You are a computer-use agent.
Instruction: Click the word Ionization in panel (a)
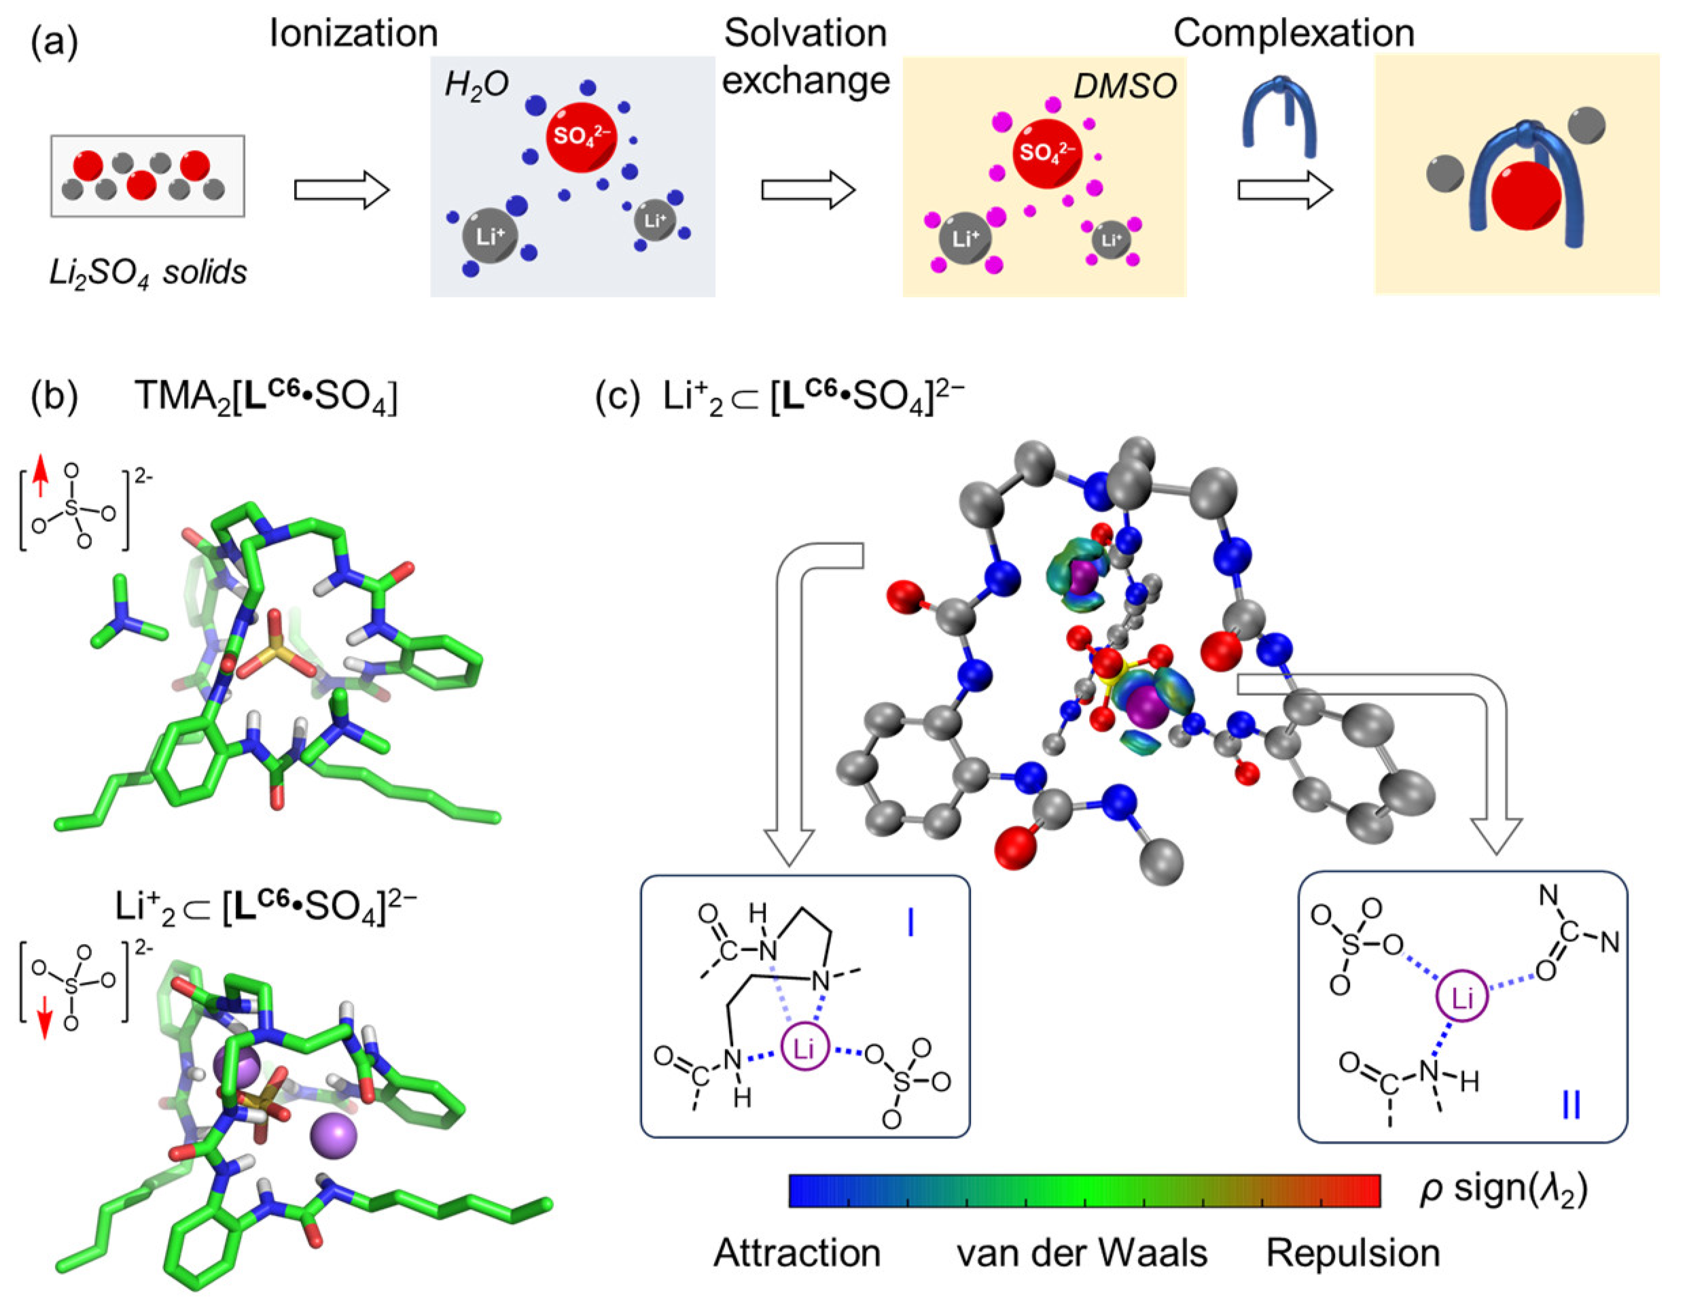point(353,34)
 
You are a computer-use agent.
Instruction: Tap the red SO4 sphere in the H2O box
point(581,137)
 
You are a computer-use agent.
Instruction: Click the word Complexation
point(1293,34)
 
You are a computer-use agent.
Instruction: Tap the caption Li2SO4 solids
point(147,272)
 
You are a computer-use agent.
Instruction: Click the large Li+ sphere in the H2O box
point(489,237)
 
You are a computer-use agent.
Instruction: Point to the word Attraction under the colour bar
point(796,1253)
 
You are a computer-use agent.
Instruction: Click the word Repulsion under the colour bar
point(1353,1253)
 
